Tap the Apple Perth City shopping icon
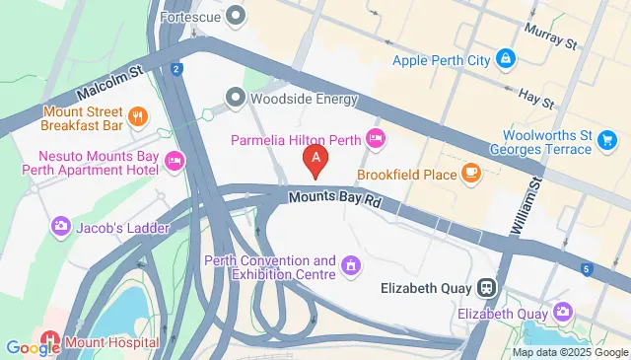coord(505,60)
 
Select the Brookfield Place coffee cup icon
coord(470,173)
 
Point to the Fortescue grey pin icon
coord(235,16)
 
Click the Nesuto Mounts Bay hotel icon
coord(175,161)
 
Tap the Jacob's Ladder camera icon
coord(59,228)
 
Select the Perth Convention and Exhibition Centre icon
coord(350,265)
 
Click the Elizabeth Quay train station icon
coord(485,289)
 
